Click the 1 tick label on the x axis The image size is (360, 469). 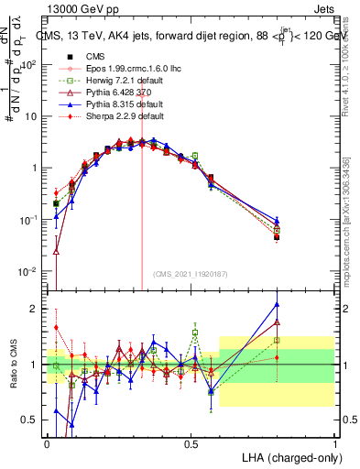(x=334, y=442)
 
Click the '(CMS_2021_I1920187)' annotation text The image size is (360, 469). (x=191, y=274)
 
